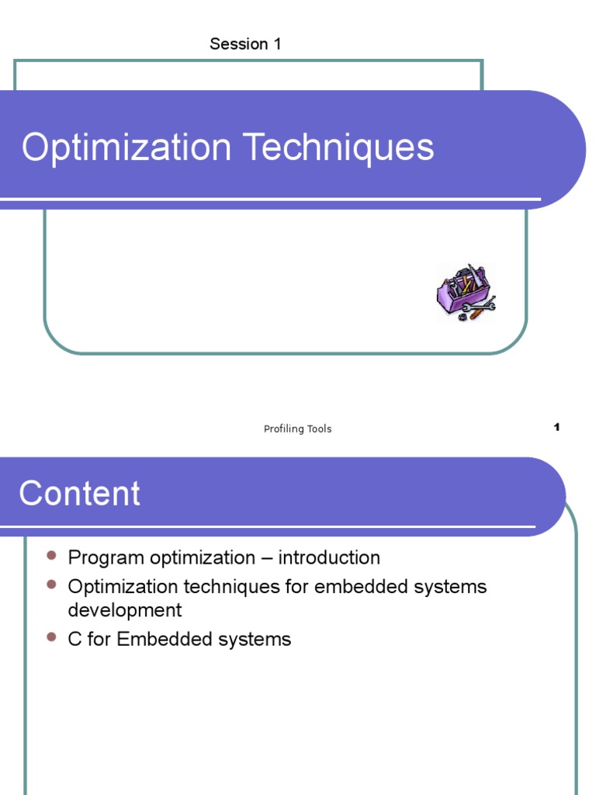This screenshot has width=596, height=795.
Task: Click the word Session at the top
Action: point(238,44)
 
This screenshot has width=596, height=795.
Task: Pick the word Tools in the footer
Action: point(318,429)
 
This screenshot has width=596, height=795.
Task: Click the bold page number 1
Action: point(556,427)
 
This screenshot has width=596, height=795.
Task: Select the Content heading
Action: point(80,494)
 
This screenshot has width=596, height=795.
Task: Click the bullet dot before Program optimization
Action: point(52,556)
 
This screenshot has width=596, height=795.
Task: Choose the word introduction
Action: point(329,558)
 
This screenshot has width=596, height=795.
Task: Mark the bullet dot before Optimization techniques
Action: point(52,584)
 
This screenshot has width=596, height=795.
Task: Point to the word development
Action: point(125,610)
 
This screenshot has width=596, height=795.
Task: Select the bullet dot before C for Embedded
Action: point(52,637)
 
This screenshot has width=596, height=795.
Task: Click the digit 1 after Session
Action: point(276,44)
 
